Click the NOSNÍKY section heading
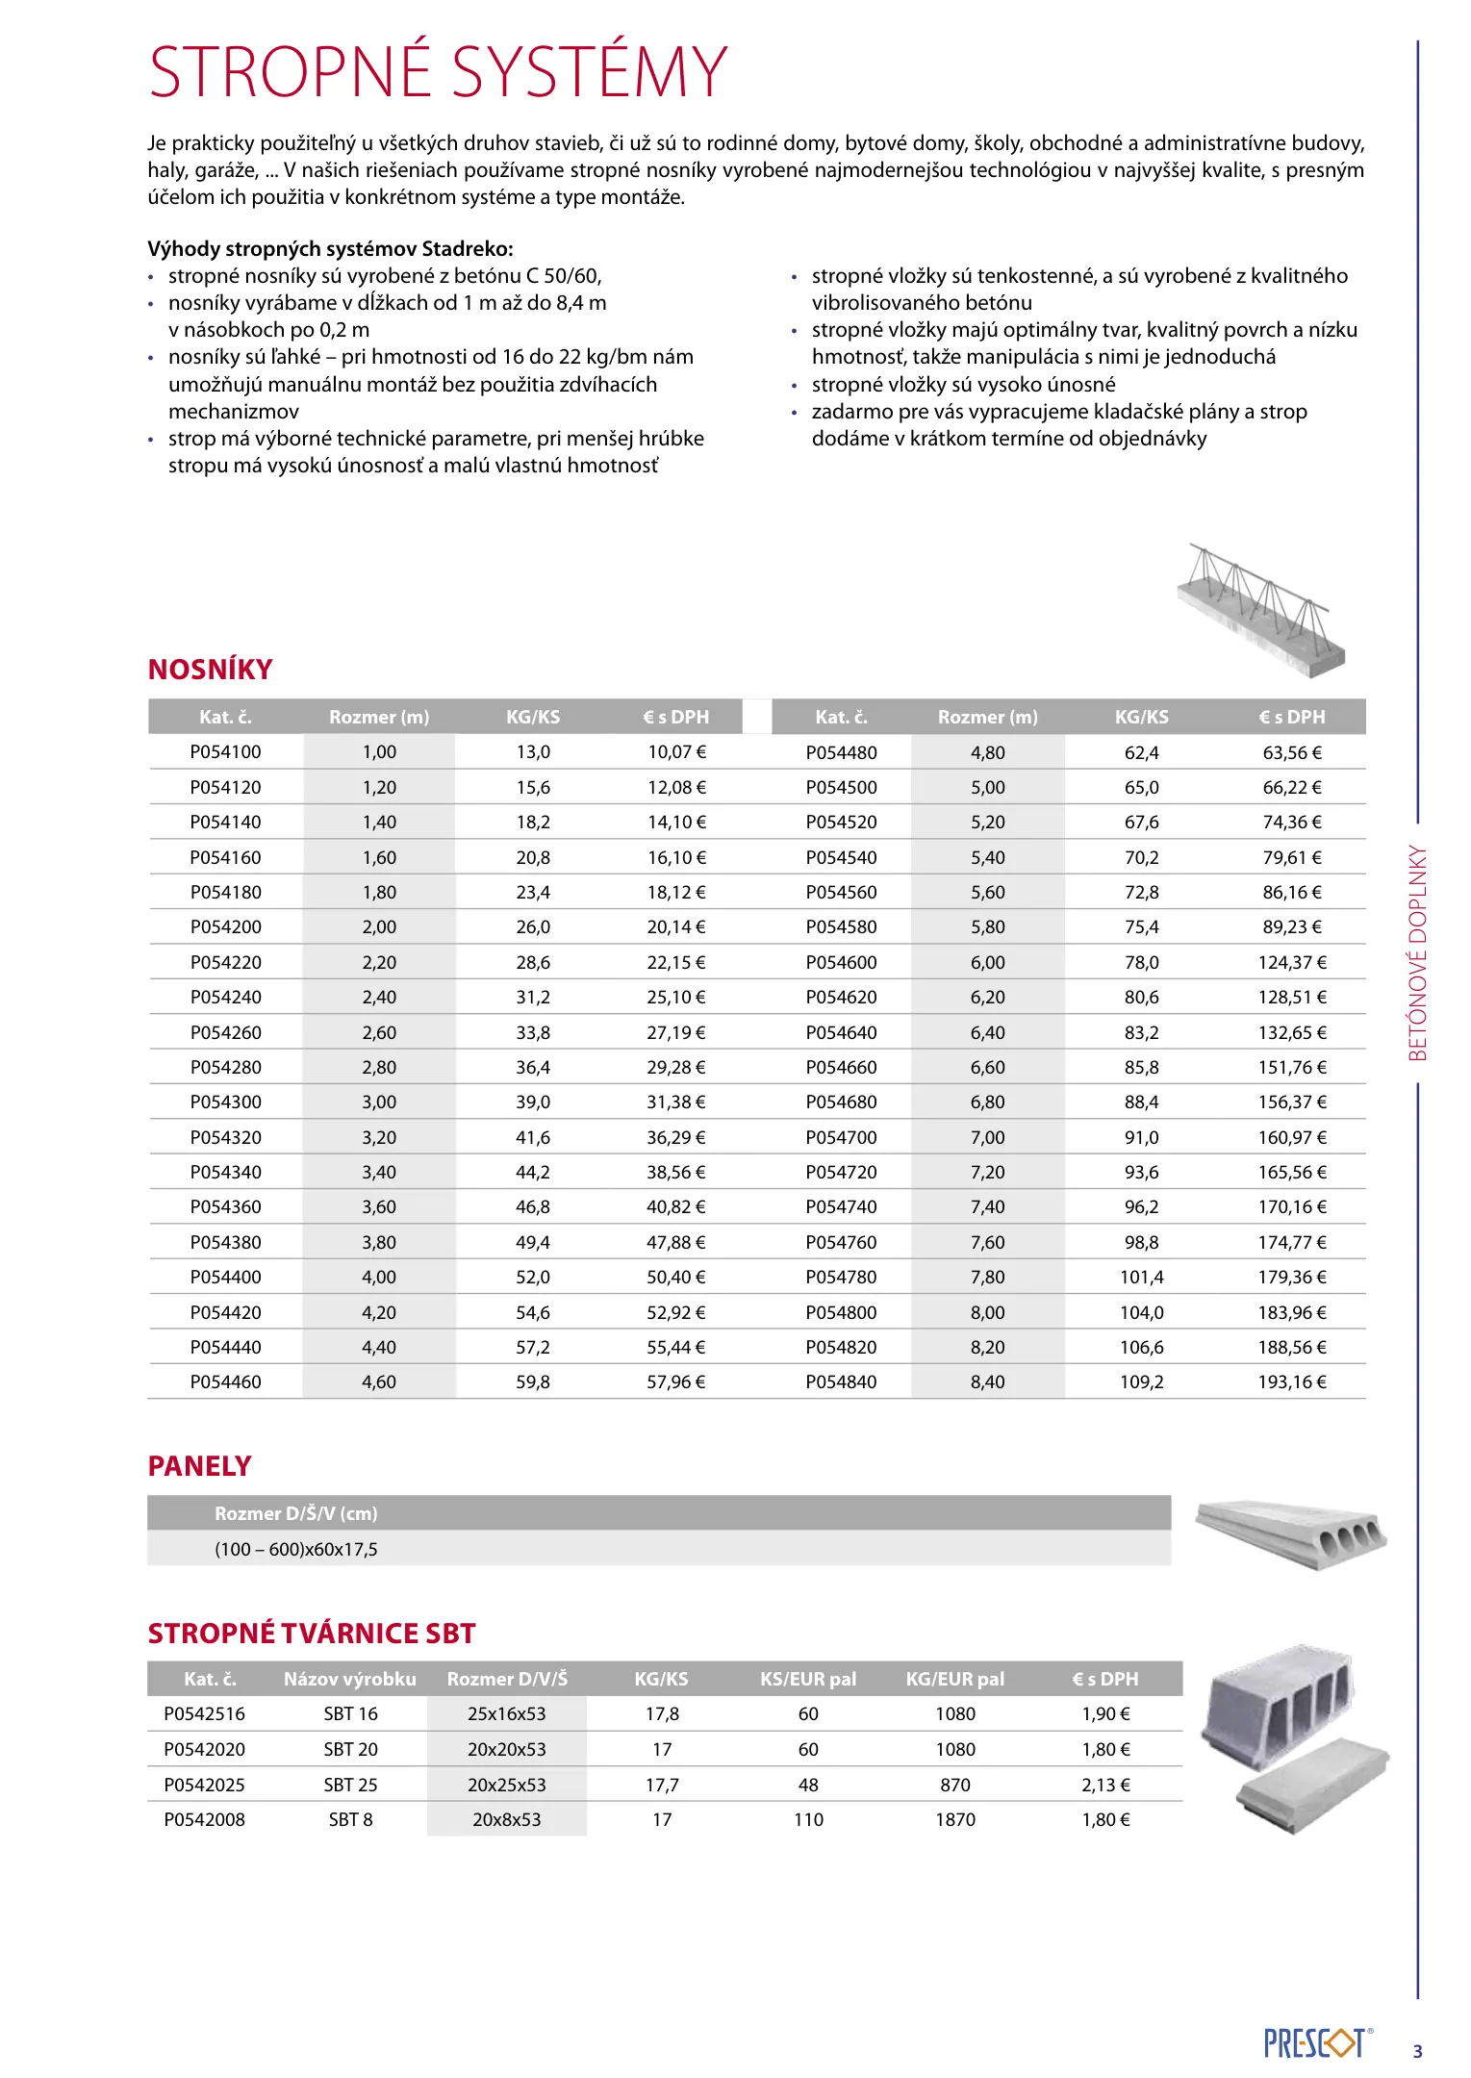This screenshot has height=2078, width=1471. (210, 670)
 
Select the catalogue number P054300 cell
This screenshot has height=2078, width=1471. (225, 1102)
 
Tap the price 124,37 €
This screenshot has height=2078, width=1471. (1292, 962)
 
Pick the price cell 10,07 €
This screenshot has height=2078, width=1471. (676, 752)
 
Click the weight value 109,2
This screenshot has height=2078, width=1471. (1141, 1382)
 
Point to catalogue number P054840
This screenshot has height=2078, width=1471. (841, 1382)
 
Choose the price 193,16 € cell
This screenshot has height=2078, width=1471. (1292, 1382)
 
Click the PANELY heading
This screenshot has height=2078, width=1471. (199, 1466)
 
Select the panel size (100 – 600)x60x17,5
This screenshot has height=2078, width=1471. (296, 1550)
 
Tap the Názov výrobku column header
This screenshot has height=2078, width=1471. (349, 1680)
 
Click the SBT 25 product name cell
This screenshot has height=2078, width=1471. (350, 1786)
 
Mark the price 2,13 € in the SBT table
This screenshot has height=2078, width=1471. (1105, 1786)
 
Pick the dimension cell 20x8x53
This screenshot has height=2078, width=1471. (506, 1820)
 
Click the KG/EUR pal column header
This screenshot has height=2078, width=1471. (954, 1680)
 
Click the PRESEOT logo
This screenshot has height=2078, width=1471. (1315, 2044)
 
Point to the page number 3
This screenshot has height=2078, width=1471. (1417, 2052)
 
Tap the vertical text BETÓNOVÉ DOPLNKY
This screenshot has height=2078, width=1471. (1418, 952)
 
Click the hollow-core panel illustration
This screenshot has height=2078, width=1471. (1291, 1533)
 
